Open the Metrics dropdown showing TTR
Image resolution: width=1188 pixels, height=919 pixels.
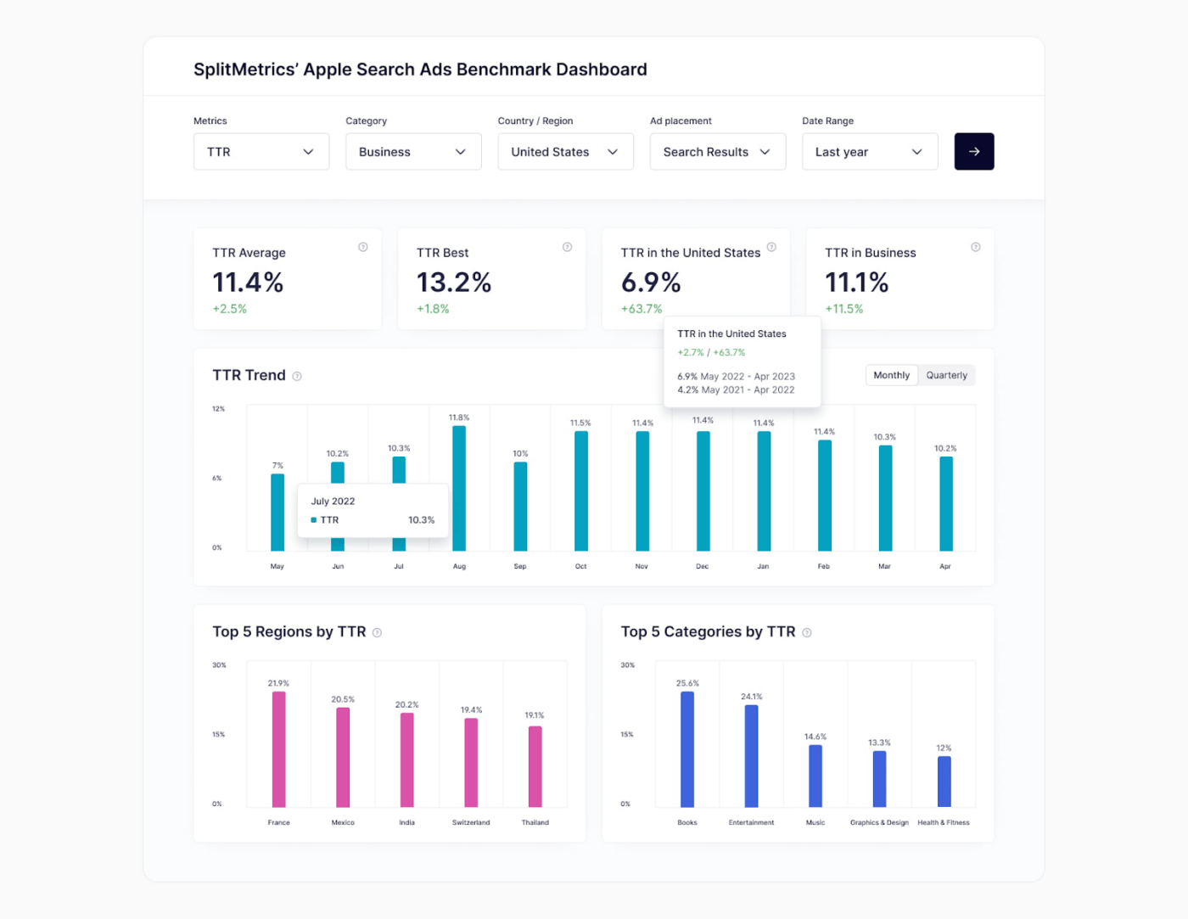pyautogui.click(x=261, y=152)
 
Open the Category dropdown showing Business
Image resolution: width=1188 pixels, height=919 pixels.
pyautogui.click(x=413, y=152)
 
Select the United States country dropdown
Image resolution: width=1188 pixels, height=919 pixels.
pyautogui.click(x=565, y=152)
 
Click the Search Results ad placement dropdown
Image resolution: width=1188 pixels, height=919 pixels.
pyautogui.click(x=717, y=152)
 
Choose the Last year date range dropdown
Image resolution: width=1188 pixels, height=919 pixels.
pyautogui.click(x=869, y=152)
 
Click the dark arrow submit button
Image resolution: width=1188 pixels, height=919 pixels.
pyautogui.click(x=973, y=152)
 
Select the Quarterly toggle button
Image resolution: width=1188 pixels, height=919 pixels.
pyautogui.click(x=946, y=375)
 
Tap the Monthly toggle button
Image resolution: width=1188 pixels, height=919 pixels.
pyautogui.click(x=891, y=375)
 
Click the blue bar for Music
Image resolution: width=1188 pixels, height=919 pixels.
pyautogui.click(x=815, y=776)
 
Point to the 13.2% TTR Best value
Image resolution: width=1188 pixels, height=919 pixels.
pyautogui.click(x=454, y=283)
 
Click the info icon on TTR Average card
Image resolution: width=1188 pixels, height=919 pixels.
pyautogui.click(x=363, y=247)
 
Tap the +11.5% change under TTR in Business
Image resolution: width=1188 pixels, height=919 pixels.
pyautogui.click(x=844, y=309)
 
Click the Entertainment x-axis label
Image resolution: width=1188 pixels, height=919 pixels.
pyautogui.click(x=751, y=822)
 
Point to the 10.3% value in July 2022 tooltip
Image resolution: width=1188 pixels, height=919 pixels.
pyautogui.click(x=421, y=520)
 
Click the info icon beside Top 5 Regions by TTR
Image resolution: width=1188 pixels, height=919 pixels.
pyautogui.click(x=378, y=633)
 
